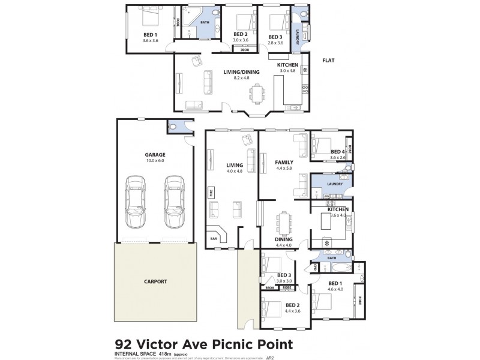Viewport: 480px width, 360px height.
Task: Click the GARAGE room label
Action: pos(155,154)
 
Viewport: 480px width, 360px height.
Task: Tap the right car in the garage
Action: pos(173,202)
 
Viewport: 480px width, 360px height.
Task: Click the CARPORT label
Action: pos(155,281)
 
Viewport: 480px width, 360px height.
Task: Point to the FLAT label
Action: pos(328,61)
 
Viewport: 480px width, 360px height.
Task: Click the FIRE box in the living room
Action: pos(211,193)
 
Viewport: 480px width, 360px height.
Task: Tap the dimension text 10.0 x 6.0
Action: pos(155,161)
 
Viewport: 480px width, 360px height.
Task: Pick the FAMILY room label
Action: pos(284,163)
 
